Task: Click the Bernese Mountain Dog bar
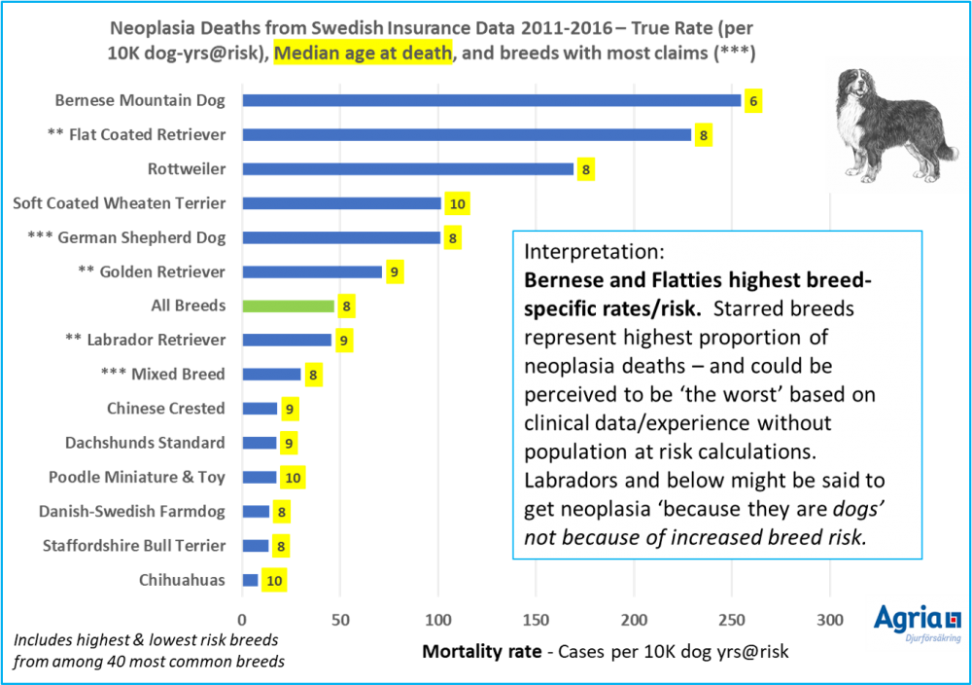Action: click(491, 100)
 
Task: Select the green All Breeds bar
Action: click(289, 306)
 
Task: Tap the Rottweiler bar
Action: click(408, 169)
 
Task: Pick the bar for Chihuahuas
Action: click(251, 580)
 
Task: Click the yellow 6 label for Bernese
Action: click(752, 100)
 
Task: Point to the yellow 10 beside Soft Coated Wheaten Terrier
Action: click(458, 203)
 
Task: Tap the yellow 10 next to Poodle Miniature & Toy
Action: click(293, 477)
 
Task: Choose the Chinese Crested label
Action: click(166, 409)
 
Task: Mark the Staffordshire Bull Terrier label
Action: click(134, 546)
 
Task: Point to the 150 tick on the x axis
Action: click(536, 619)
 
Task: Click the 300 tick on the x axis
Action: click(829, 619)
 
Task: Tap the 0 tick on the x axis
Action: click(242, 619)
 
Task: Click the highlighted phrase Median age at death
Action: click(364, 54)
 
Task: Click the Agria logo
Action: click(917, 621)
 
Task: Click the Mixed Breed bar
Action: click(271, 375)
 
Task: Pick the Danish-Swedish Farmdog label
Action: click(132, 511)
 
